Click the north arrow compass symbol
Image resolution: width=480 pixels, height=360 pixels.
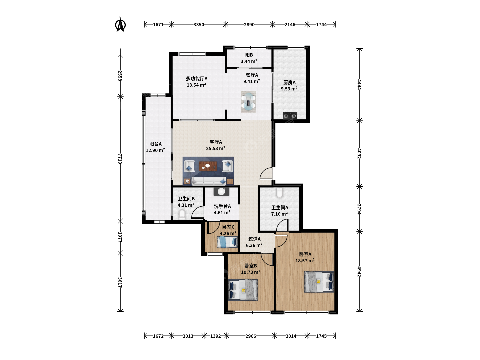click(120, 24)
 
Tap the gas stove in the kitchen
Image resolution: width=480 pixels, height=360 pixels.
click(290, 115)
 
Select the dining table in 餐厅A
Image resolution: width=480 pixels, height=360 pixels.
click(248, 102)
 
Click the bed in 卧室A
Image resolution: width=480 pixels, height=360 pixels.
click(319, 282)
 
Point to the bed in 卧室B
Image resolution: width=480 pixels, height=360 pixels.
click(243, 290)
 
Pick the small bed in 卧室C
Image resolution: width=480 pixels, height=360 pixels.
click(227, 242)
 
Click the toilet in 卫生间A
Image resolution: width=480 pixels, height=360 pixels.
click(279, 193)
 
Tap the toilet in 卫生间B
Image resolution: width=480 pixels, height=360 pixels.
click(182, 214)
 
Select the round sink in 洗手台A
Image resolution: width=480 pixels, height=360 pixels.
click(221, 191)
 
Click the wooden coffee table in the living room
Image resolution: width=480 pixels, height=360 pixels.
click(208, 166)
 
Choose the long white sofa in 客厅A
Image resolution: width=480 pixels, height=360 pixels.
click(209, 181)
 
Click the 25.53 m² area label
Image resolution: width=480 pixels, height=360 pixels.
click(216, 148)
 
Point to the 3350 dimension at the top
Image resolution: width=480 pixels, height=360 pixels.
click(199, 24)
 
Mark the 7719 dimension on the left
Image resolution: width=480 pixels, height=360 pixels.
click(120, 159)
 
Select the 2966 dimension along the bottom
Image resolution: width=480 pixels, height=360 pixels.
click(251, 336)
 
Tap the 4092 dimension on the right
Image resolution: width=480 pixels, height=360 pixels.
click(359, 153)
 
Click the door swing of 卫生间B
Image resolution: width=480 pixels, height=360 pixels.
click(197, 212)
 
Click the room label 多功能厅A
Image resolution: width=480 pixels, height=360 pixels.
click(197, 78)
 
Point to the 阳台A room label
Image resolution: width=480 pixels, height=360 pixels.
click(155, 144)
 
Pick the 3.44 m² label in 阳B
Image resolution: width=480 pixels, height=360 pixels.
click(249, 61)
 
